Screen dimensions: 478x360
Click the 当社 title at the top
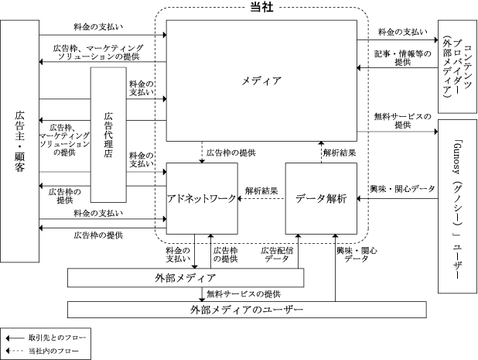click(261, 7)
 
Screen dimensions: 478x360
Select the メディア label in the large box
click(261, 81)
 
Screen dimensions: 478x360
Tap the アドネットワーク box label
click(202, 199)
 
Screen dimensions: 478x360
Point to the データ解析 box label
click(321, 199)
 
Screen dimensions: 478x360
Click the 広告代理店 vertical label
click(108, 135)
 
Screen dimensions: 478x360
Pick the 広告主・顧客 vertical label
click(19, 141)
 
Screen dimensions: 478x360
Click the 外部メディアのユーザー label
click(247, 310)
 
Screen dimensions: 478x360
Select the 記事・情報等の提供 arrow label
click(403, 58)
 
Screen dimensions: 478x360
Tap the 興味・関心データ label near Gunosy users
click(403, 189)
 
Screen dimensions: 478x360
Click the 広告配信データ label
click(277, 255)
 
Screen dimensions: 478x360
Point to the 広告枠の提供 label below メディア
click(230, 153)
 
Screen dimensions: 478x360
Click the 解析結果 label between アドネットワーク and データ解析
click(261, 191)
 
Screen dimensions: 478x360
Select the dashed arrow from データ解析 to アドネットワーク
click(261, 199)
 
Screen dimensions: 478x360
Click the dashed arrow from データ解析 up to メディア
click(321, 152)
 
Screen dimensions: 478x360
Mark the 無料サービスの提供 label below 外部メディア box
click(244, 294)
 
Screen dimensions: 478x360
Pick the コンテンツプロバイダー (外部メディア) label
click(457, 67)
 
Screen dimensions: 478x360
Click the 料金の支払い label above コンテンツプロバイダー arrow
click(403, 32)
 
